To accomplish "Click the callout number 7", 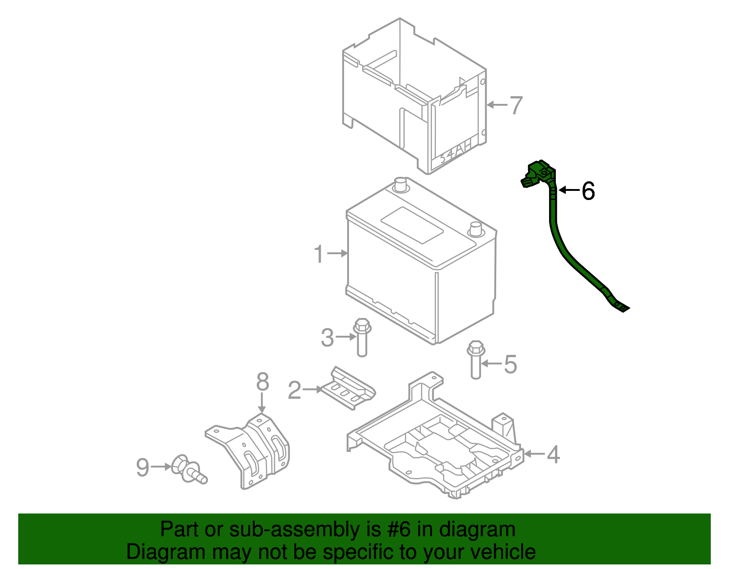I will click(516, 105).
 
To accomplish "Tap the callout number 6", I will click(588, 191).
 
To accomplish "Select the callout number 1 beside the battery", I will click(319, 254).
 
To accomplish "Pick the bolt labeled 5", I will click(476, 360).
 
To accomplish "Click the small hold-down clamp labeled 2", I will click(349, 389).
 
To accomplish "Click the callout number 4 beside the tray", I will click(553, 454).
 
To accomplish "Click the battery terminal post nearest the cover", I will click(400, 185).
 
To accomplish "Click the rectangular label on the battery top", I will click(412, 225).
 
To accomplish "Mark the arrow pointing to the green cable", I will click(569, 190).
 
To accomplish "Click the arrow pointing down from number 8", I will click(262, 403).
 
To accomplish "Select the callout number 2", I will click(295, 390).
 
